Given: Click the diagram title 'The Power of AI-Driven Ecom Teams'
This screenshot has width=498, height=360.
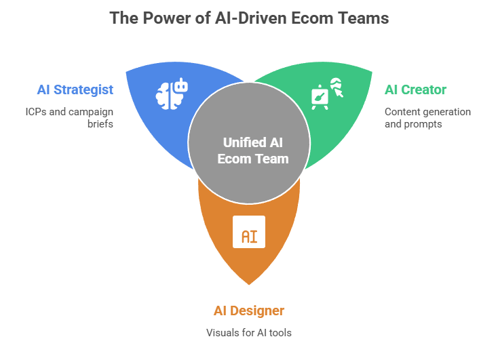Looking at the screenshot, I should [x=249, y=18].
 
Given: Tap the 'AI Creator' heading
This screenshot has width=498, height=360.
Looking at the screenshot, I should [x=415, y=90].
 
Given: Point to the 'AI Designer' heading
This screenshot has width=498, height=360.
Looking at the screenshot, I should [x=249, y=311].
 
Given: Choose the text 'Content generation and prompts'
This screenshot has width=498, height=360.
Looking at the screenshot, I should [x=427, y=118].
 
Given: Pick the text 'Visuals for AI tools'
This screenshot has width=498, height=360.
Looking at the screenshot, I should [x=249, y=333].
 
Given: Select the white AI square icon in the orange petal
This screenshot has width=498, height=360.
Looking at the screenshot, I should [x=249, y=232].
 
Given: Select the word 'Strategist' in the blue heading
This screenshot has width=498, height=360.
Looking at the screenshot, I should [x=92, y=90].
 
